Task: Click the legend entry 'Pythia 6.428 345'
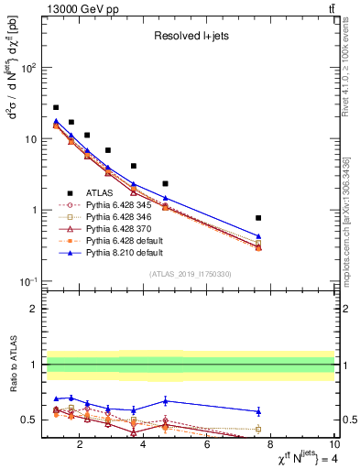click(x=112, y=205)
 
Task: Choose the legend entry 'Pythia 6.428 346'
click(x=112, y=218)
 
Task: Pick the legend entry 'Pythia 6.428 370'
click(x=112, y=231)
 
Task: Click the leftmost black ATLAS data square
click(x=56, y=107)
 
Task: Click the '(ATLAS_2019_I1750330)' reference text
click(x=190, y=274)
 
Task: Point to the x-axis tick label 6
click(x=208, y=446)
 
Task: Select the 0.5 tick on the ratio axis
click(x=31, y=420)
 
